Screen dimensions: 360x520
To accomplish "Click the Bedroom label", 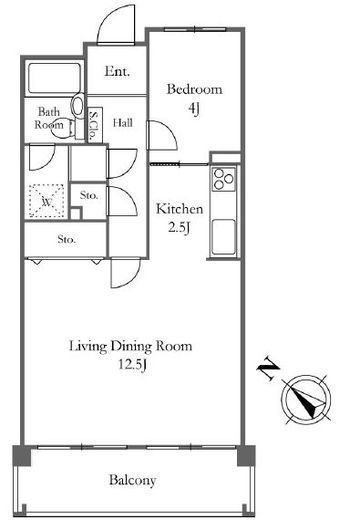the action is [x=194, y=89].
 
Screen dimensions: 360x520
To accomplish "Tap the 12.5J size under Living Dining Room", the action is [x=132, y=365].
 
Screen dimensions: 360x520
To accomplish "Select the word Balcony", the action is [x=133, y=480].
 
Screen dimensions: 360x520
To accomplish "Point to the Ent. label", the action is [x=117, y=71].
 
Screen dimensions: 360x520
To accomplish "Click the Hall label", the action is [x=123, y=123].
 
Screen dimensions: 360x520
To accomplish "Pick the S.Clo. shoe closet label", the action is [x=94, y=125].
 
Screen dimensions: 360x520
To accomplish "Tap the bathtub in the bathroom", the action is [x=54, y=78].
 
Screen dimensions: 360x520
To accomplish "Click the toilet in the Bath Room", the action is [x=62, y=128].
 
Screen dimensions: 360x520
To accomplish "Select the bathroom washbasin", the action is [x=77, y=105].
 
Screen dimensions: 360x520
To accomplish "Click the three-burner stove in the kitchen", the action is [x=223, y=179].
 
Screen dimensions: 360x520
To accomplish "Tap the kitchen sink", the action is [x=223, y=237].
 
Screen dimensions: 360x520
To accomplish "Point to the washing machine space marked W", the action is [x=46, y=201].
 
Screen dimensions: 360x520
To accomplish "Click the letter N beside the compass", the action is [x=268, y=368].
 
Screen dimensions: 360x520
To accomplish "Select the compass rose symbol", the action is [x=306, y=399].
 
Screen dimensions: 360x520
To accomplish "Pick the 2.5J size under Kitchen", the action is [x=179, y=228].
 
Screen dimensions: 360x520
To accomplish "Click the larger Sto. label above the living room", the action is [x=66, y=239].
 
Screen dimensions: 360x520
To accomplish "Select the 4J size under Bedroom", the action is [x=194, y=108].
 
